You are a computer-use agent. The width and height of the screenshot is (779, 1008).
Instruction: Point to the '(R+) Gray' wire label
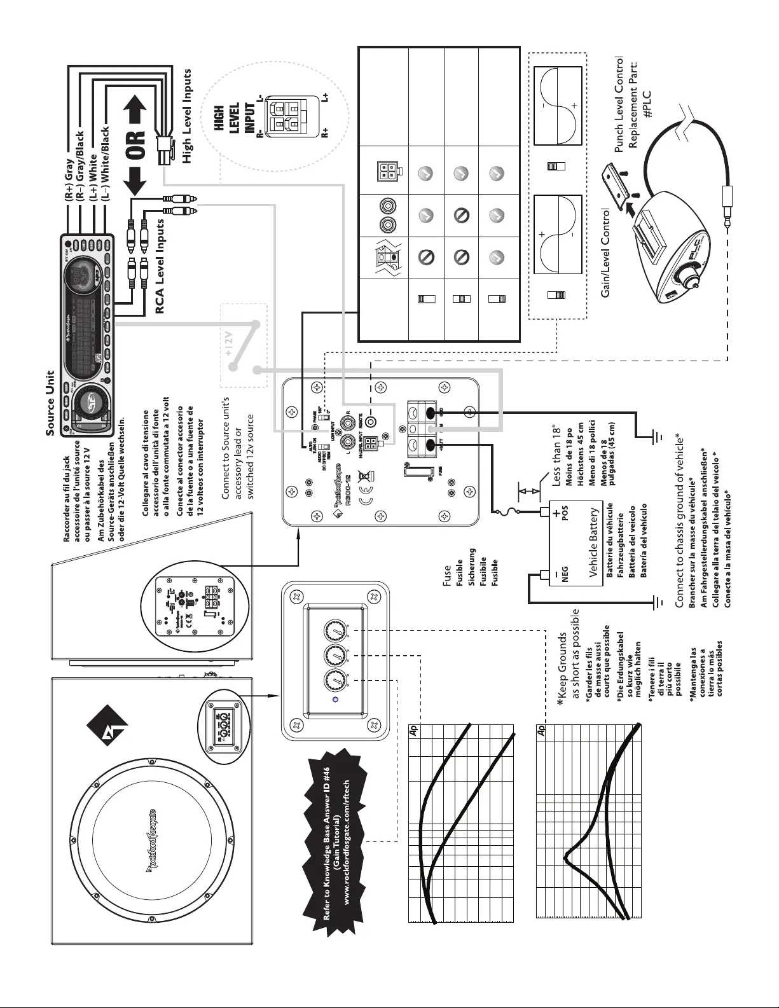pyautogui.click(x=69, y=181)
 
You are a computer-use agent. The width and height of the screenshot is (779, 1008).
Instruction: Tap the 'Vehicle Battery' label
pyautogui.click(x=594, y=542)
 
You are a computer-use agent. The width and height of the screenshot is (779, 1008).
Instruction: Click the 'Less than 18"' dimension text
pyautogui.click(x=558, y=454)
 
